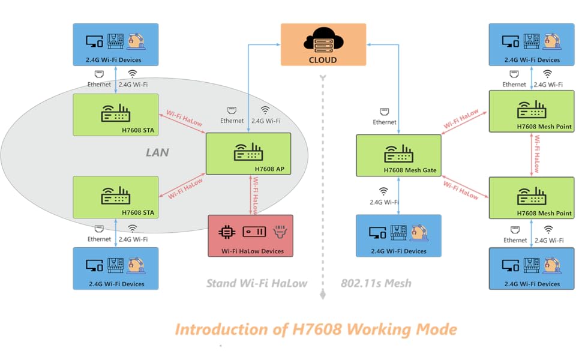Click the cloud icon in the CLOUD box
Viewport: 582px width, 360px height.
tap(323, 41)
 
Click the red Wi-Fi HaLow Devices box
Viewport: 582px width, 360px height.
tap(251, 236)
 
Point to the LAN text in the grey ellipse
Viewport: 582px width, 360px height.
tap(157, 152)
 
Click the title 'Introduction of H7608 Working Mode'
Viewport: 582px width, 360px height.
tap(316, 329)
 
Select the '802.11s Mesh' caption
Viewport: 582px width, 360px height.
tap(376, 283)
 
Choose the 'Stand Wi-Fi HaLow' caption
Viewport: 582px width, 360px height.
tap(256, 283)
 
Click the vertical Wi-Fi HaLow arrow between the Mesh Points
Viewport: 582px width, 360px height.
tap(532, 154)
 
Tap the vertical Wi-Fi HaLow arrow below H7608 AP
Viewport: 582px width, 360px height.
tap(251, 195)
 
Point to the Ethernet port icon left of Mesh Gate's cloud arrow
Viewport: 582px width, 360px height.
tap(385, 112)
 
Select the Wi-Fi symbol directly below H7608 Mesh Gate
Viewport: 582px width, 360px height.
tap(383, 191)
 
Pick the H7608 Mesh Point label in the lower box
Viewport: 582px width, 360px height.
tap(544, 213)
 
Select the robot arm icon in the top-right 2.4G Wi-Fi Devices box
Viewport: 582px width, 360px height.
tap(550, 41)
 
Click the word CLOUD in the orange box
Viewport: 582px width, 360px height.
tap(323, 59)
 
